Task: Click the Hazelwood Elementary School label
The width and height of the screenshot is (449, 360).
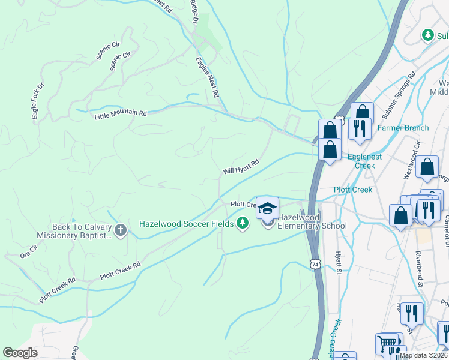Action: (312, 221)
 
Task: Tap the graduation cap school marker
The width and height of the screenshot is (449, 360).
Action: (267, 208)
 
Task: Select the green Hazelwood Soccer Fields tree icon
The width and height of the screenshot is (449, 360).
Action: (243, 223)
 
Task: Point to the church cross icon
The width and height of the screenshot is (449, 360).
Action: (121, 230)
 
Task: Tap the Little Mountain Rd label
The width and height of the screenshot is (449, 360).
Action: (121, 113)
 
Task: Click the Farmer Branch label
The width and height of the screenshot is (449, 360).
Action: (403, 128)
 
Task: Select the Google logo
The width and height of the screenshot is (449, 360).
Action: (20, 353)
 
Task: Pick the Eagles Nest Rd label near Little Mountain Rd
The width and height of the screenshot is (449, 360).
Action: (207, 78)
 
